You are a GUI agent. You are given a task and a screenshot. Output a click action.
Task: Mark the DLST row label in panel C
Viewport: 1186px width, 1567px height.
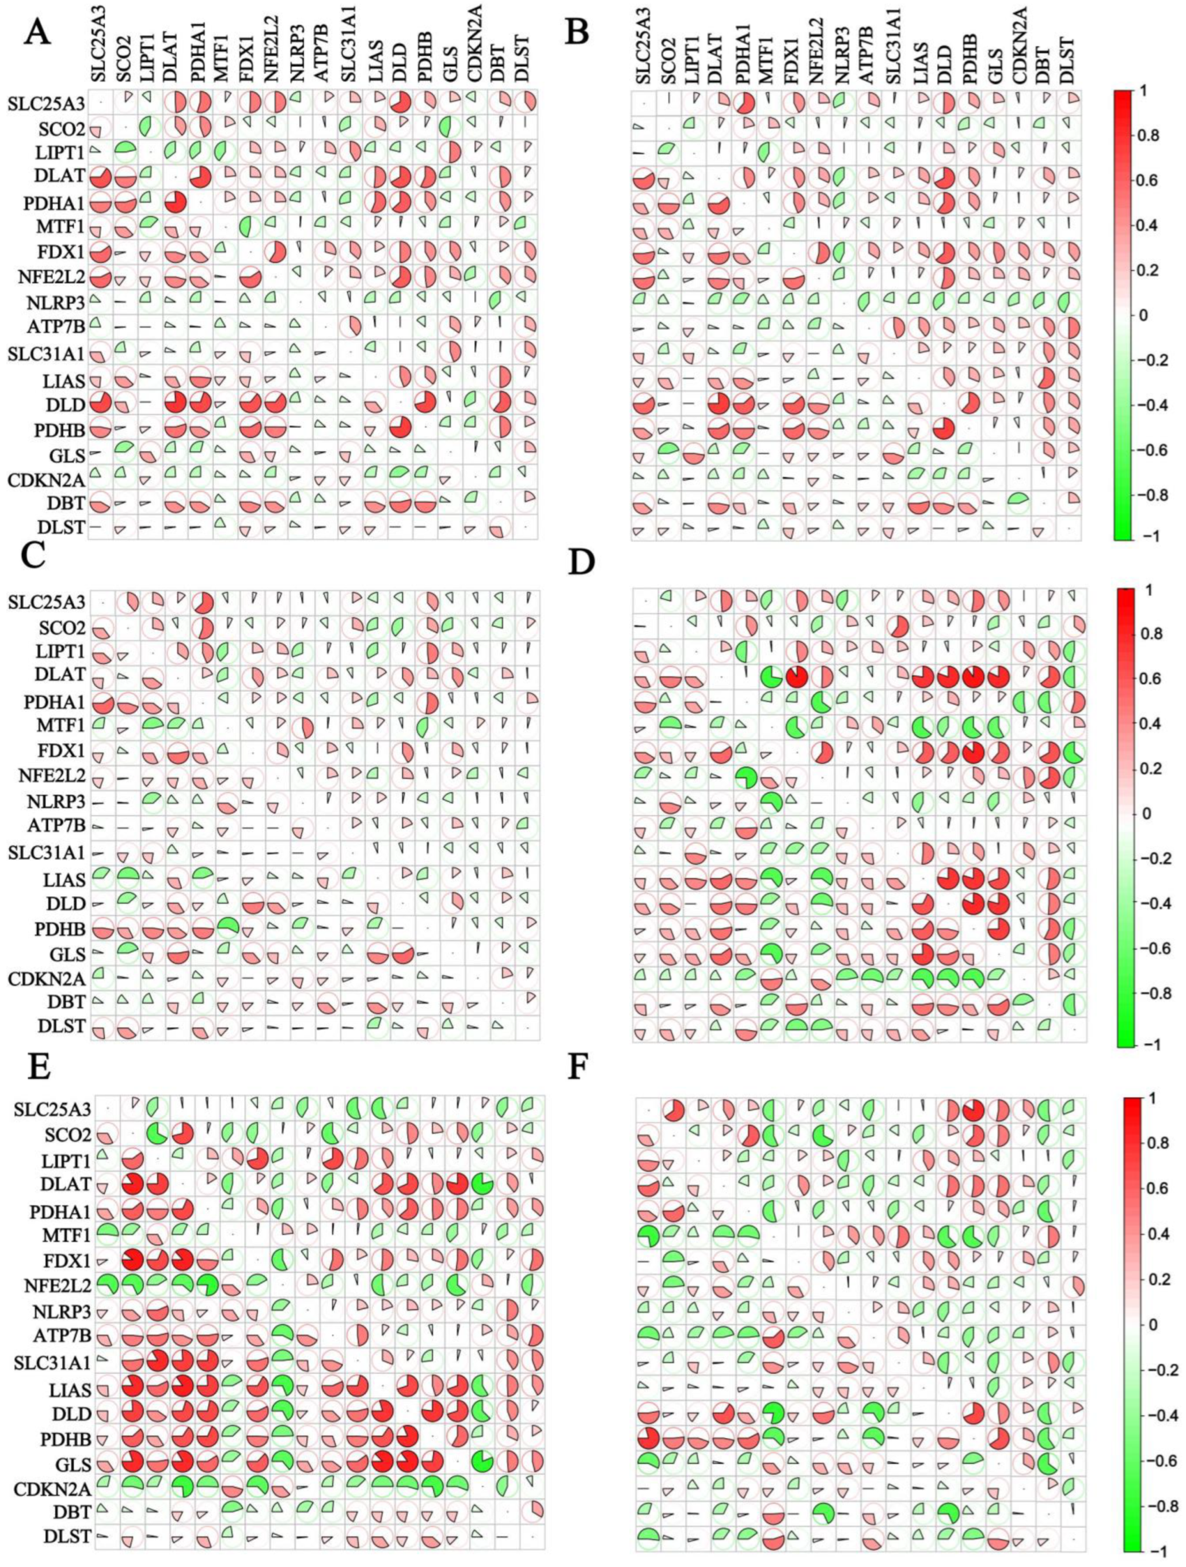(64, 1026)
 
